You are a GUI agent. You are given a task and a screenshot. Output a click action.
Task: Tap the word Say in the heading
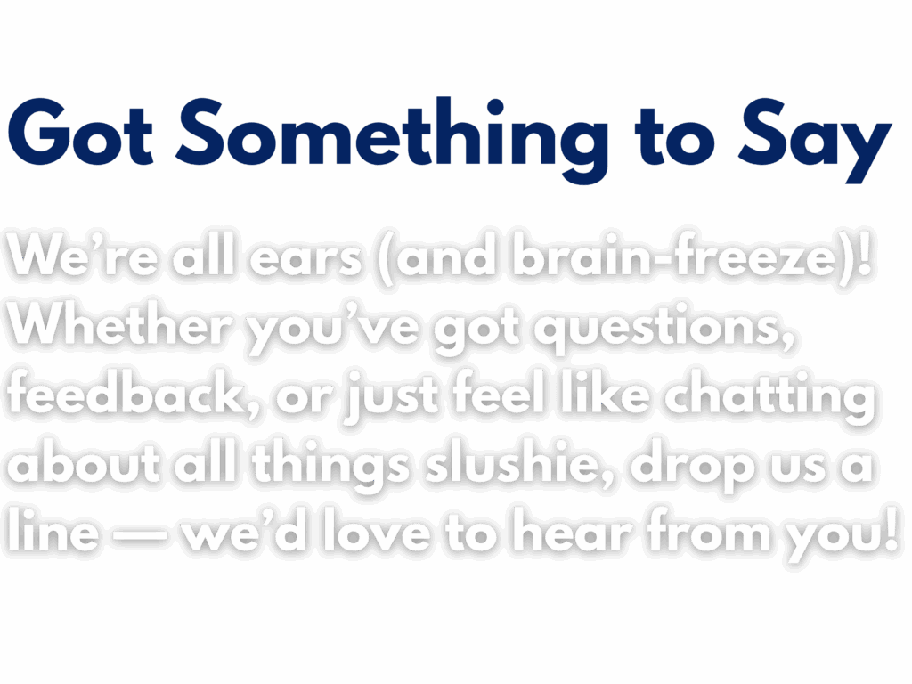pos(815,142)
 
